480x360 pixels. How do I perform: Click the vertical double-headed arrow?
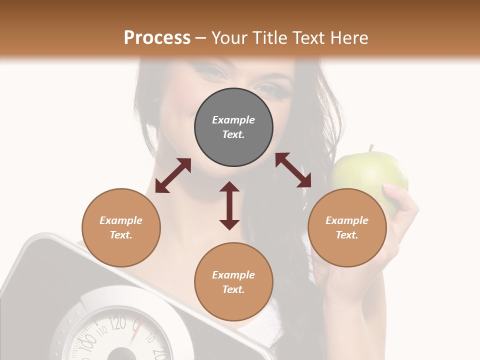pos(229,205)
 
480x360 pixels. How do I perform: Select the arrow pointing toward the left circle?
pos(173,175)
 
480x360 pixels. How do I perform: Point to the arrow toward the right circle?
pos(293,170)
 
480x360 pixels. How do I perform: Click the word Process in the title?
pos(157,37)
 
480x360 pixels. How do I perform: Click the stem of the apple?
pos(371,148)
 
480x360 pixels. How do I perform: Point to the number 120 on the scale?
pos(118,323)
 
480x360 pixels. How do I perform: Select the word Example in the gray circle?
pos(233,120)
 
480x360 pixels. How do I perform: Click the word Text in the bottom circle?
pos(233,289)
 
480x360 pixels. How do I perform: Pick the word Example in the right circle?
pos(347,220)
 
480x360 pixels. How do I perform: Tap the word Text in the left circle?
pos(120,235)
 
